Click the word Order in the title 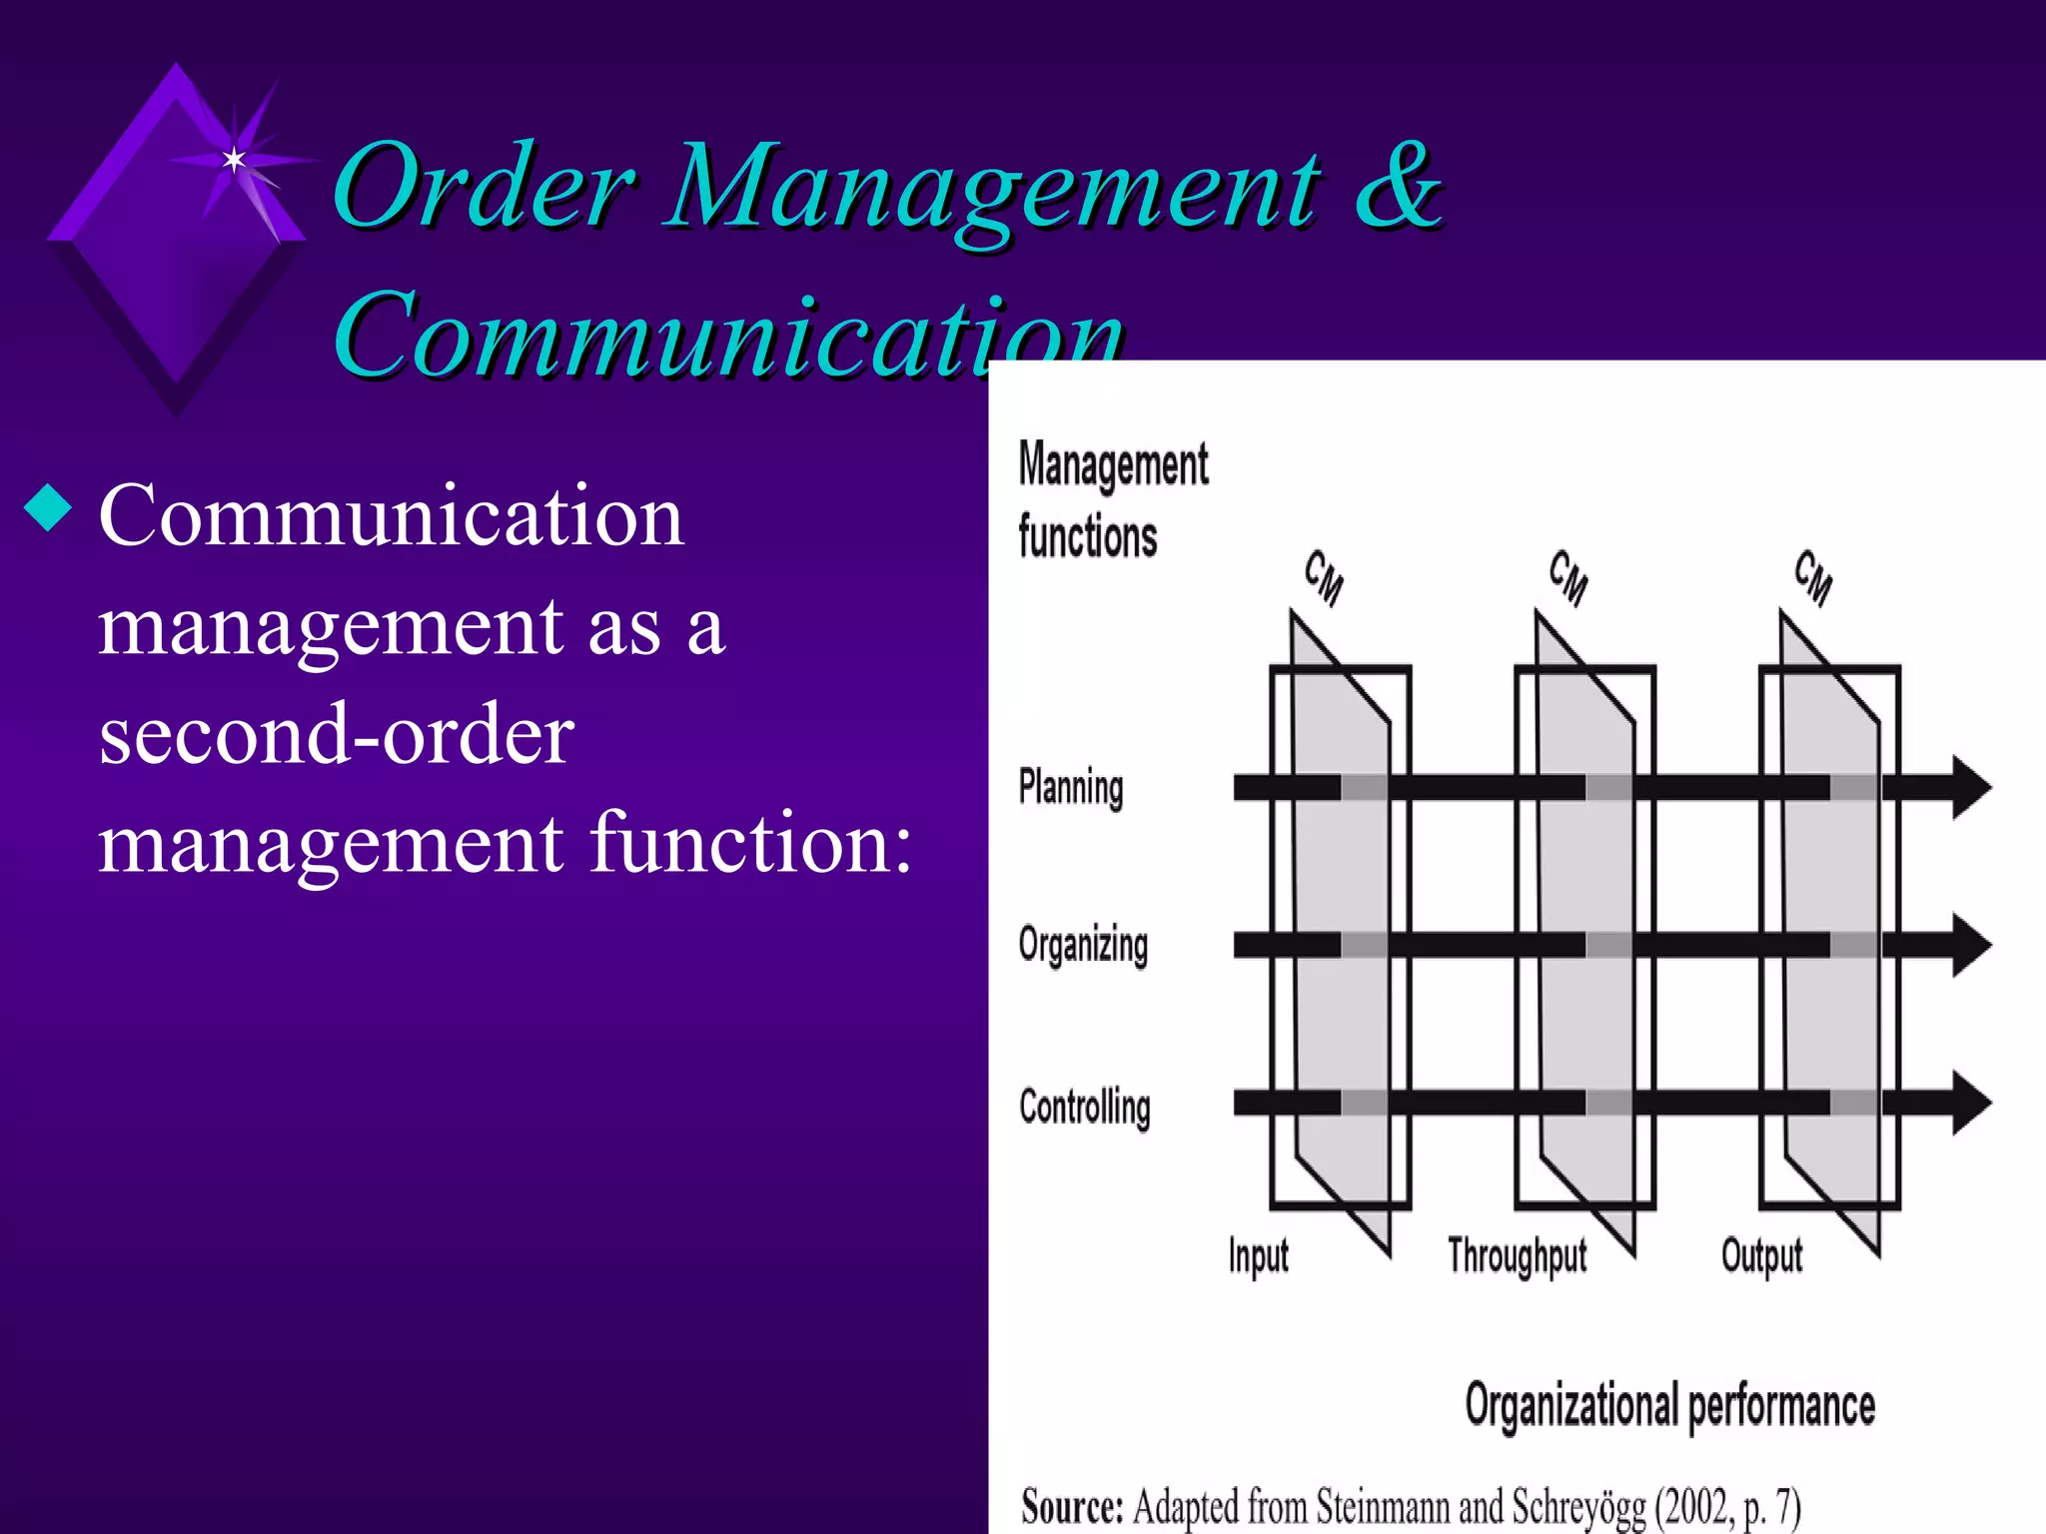(x=484, y=186)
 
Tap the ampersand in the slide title (x=1397, y=186)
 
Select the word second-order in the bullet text (x=337, y=734)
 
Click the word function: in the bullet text (x=751, y=842)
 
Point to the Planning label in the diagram (x=1071, y=787)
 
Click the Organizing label (x=1083, y=945)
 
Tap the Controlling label (x=1085, y=1107)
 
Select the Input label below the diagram (x=1258, y=1255)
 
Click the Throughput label (x=1517, y=1255)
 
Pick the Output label (x=1761, y=1255)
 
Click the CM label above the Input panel (x=1324, y=577)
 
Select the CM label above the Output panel (x=1813, y=577)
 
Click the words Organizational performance (x=1669, y=1406)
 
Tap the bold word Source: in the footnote (x=1072, y=1506)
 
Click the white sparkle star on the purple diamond (x=234, y=159)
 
